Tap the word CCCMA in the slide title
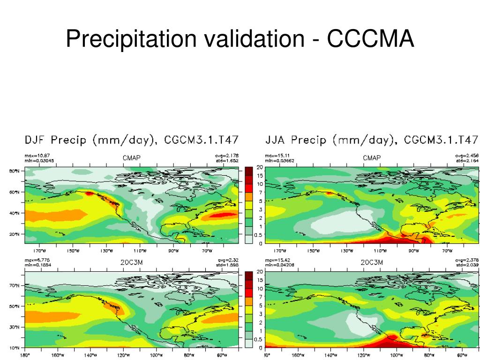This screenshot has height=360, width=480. tap(370, 39)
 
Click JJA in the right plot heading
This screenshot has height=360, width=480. tap(276, 140)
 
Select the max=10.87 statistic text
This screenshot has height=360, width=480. tap(37, 156)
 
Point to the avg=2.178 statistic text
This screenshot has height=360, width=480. tap(229, 156)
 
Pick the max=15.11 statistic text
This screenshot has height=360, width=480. tap(277, 156)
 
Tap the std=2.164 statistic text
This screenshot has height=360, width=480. tap(467, 161)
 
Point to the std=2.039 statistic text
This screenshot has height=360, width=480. tap(467, 265)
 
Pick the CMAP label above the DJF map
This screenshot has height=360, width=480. tap(132, 158)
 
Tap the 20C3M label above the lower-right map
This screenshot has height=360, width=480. tap(372, 262)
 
